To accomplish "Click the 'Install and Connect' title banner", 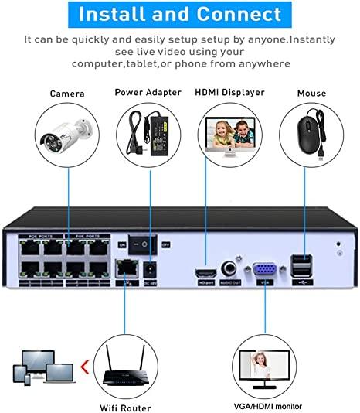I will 180,14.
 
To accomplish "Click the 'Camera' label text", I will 67,94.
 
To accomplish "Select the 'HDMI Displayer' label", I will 231,92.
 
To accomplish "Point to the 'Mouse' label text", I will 311,94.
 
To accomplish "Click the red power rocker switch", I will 143,243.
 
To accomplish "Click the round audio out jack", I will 229,268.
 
